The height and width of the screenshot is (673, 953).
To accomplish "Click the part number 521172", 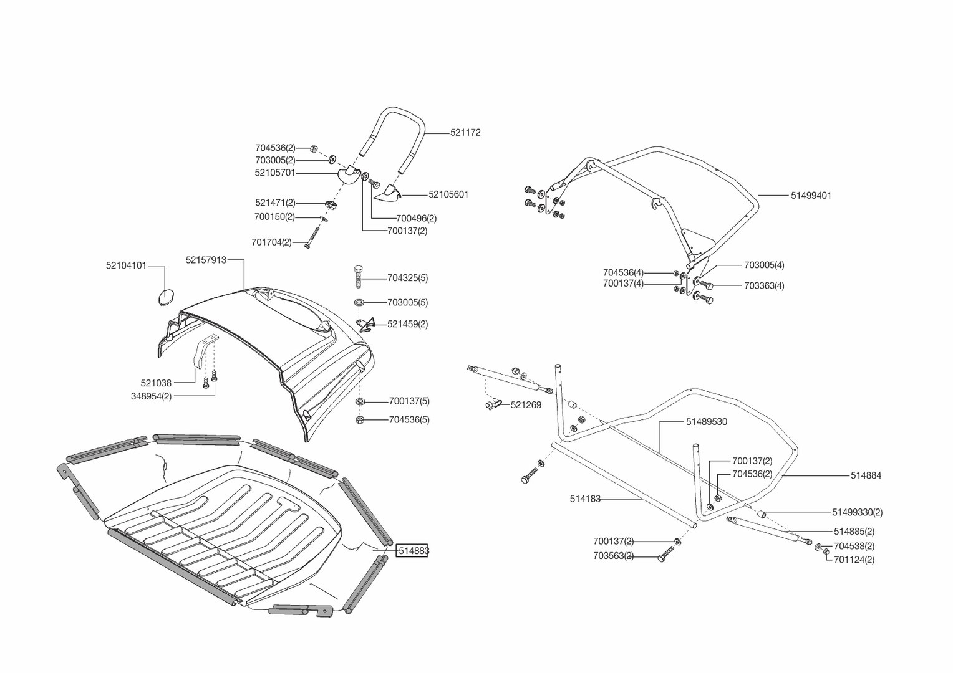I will [x=465, y=133].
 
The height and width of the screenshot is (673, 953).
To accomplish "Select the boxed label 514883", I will [x=413, y=551].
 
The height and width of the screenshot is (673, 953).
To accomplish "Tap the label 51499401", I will [x=811, y=195].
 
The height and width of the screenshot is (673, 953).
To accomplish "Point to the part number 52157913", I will [x=206, y=260].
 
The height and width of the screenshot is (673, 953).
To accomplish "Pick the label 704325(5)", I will [x=407, y=278].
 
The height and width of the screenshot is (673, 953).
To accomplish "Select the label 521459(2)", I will [x=407, y=324].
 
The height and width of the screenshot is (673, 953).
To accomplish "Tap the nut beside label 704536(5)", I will [x=360, y=420].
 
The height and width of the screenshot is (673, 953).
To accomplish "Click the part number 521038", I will [x=156, y=383].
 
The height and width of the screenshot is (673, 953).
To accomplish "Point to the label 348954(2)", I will [x=151, y=396].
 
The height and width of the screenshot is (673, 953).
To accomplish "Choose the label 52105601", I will [x=448, y=194].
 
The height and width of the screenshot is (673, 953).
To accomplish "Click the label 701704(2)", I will [x=271, y=242].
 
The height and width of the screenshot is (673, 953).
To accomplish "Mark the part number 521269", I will [x=526, y=405].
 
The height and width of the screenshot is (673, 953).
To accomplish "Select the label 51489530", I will [x=706, y=422].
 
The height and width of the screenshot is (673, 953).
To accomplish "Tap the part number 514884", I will [x=866, y=475].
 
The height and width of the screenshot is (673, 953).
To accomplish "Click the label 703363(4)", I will [x=764, y=286].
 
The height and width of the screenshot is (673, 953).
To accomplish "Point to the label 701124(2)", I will [x=854, y=560].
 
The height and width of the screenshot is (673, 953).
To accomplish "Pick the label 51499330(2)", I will [x=857, y=513].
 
